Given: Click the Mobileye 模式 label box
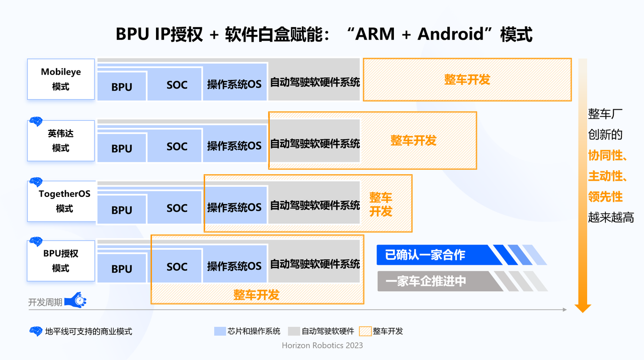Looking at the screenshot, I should (61, 79).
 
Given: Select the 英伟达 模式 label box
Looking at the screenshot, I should (61, 141).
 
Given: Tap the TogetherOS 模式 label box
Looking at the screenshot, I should (61, 201).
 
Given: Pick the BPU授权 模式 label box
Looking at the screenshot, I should (61, 261).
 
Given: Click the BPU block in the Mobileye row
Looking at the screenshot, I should (122, 87).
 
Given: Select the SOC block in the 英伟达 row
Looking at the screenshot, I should (177, 147).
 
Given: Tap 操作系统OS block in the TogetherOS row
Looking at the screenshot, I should (234, 206).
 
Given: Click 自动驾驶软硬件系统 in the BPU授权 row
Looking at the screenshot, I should (315, 263).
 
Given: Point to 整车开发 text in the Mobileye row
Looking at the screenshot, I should (467, 80).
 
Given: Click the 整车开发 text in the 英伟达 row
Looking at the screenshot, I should (413, 140).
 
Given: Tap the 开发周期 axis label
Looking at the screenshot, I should (45, 302).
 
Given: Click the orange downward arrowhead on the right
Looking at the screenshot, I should (583, 307).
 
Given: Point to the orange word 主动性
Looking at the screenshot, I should (606, 176).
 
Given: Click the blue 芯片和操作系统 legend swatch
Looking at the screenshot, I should (220, 331).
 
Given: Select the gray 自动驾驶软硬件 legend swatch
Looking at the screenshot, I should (294, 331).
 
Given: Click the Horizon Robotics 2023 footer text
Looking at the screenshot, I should (322, 345).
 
